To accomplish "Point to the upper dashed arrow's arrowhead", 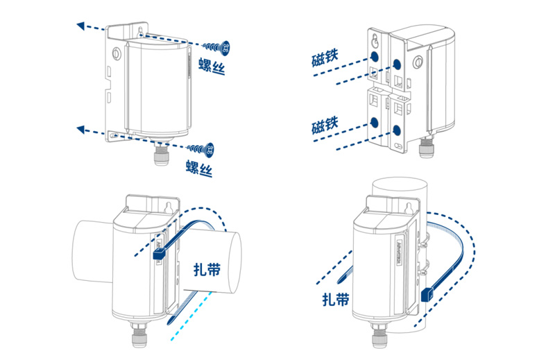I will tap(81, 26).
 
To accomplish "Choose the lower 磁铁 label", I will tap(325, 126).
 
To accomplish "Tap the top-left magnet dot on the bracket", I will tap(375, 55).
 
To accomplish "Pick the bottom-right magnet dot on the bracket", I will tap(397, 130).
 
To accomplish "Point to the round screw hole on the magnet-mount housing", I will tap(418, 62).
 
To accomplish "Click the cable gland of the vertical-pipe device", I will tap(380, 342).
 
